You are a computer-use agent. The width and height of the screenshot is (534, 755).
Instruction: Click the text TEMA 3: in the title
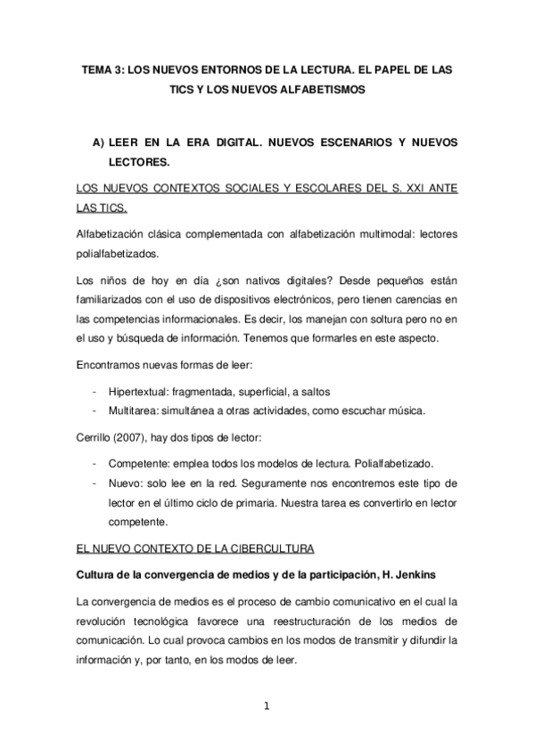click(101, 69)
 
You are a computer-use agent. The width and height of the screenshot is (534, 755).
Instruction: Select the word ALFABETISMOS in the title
click(325, 90)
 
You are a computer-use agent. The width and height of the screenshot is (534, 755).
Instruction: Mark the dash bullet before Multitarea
click(94, 410)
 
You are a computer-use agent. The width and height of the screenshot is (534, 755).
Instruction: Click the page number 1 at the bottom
click(267, 708)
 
